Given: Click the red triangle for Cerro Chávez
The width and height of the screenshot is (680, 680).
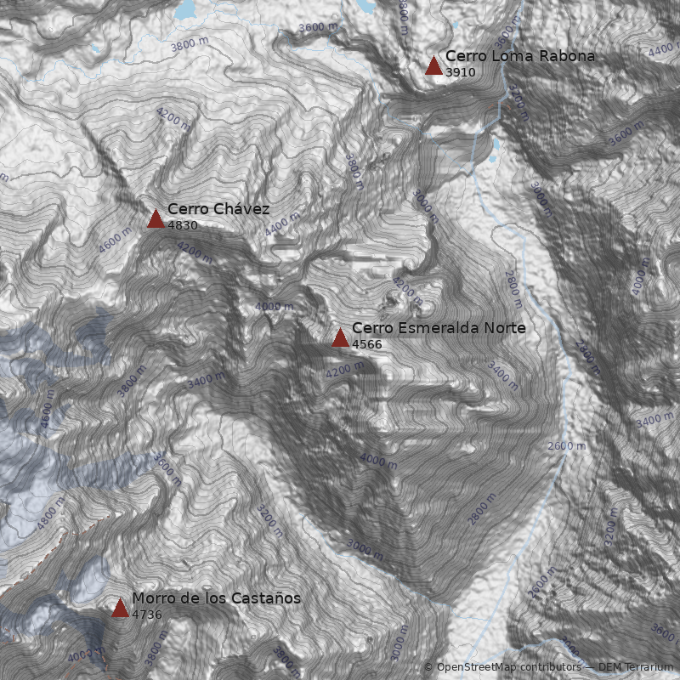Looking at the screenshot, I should pos(156,219).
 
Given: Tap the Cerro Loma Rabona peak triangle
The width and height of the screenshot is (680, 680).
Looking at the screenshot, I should pos(433,66).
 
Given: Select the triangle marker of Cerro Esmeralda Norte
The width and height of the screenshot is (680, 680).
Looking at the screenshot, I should pos(340,338).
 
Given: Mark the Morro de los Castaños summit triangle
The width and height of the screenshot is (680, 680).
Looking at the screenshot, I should pos(120,608).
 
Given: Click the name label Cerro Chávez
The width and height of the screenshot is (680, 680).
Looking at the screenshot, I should pos(218,209).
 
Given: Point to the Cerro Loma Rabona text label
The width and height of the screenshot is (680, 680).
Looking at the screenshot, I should pos(520,56).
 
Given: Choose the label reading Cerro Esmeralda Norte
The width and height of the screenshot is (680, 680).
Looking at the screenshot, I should pos(439,328).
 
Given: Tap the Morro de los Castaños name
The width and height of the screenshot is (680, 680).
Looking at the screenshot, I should pos(216,598).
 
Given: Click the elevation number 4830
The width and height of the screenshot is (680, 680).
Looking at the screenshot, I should pos(183,226).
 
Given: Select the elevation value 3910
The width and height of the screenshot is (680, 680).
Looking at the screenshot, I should pos(460,73).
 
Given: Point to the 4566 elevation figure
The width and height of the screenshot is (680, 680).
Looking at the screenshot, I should pos(367,345).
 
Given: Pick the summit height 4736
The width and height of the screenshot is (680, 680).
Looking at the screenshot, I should pos(147,615).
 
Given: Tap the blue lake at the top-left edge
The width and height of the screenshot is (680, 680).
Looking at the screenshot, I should pos(185,10).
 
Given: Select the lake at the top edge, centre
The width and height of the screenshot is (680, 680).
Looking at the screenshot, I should pos(365,5).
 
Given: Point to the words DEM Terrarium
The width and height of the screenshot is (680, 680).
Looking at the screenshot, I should pos(636,667).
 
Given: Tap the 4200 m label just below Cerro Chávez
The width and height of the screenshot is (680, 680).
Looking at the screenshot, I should pos(195,250).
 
